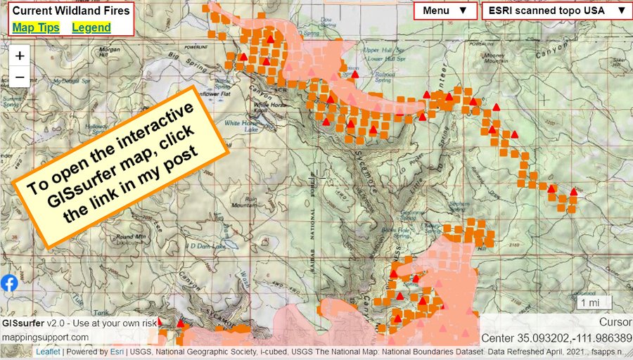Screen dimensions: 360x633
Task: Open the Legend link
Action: (x=91, y=27)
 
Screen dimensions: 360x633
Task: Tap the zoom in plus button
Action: (x=20, y=56)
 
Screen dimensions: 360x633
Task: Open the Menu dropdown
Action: (x=445, y=11)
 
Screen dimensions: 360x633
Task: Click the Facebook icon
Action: (x=9, y=283)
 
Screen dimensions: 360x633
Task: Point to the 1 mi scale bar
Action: (x=589, y=303)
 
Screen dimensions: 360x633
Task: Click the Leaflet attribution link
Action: (x=48, y=352)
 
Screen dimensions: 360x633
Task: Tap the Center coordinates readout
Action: (x=556, y=337)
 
